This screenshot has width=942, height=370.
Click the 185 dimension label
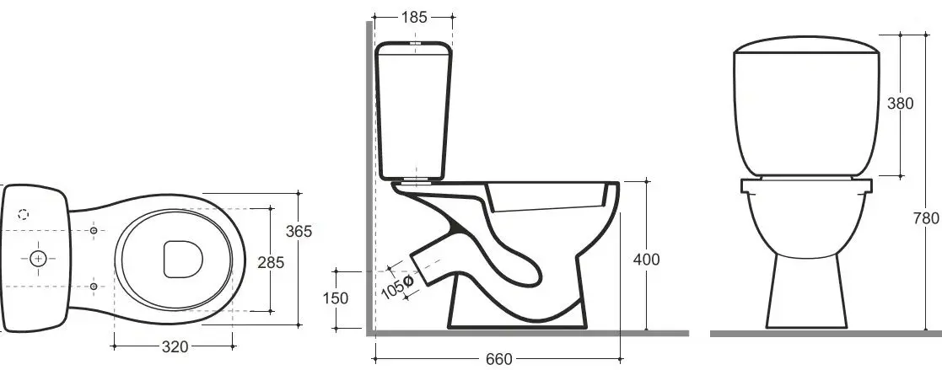tap(415, 18)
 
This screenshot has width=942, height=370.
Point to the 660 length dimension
tap(499, 359)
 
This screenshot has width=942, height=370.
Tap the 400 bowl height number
tap(647, 260)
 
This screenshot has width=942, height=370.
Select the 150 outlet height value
tap(336, 298)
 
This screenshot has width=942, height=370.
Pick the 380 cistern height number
tap(900, 104)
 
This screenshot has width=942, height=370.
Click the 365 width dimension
tap(299, 231)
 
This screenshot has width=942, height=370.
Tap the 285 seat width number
tap(271, 262)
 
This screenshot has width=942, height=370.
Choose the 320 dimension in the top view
tap(175, 347)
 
